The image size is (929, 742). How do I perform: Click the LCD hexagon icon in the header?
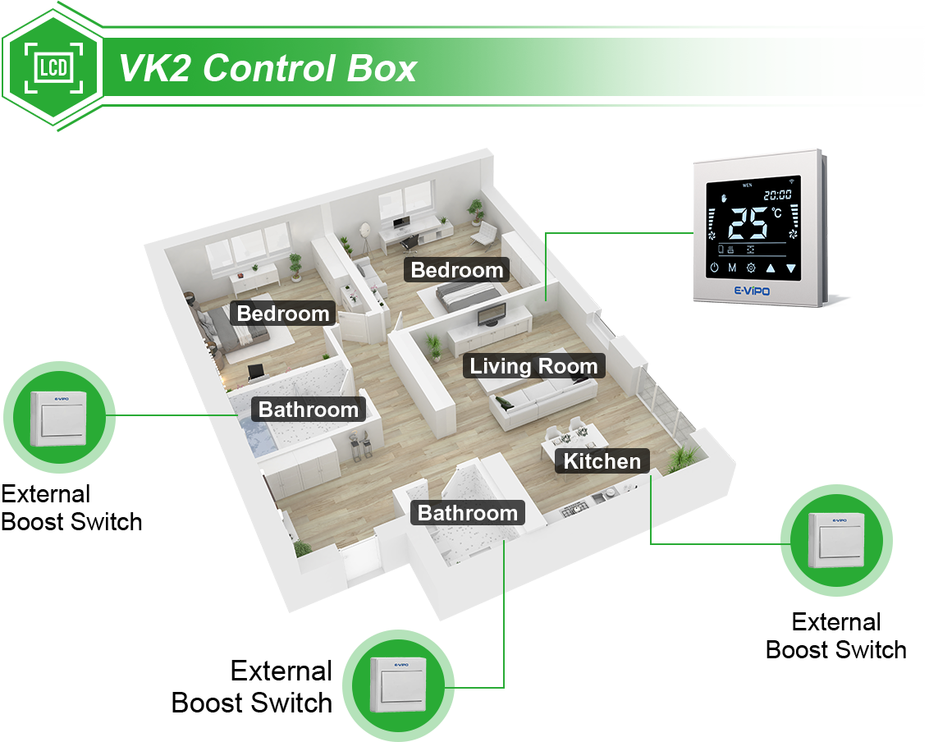pos(53,67)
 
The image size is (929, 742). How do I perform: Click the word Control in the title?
pos(269,68)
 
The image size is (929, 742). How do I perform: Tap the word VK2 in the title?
pos(155,68)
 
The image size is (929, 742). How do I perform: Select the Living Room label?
pos(533,366)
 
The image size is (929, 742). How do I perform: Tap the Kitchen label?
pos(602,460)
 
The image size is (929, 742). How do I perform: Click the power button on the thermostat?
pos(715,268)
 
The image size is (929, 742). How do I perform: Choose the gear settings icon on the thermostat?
pos(751,268)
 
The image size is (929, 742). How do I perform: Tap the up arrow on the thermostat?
pos(771,268)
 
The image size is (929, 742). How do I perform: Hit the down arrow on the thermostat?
pos(791,268)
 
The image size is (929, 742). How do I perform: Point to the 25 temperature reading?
pos(748,222)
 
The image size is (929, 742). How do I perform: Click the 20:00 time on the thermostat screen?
pos(777,195)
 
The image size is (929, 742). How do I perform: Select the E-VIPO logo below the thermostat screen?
pos(752,291)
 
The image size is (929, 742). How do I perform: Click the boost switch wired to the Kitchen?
pos(836,540)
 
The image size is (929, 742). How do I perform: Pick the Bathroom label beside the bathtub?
pos(308,409)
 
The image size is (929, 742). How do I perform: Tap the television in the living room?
pos(492,314)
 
